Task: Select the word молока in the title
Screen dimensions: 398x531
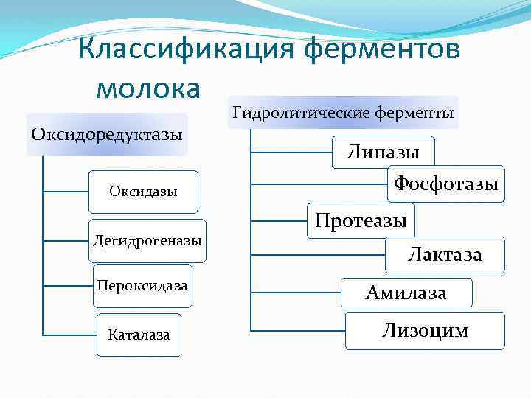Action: pos(148,88)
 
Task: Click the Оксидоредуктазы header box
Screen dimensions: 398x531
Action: pos(107,135)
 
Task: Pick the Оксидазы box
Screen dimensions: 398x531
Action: pos(143,192)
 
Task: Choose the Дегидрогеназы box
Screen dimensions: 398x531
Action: pos(147,240)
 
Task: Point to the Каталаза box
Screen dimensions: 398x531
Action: pos(139,335)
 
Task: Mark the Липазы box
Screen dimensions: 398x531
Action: pos(383,153)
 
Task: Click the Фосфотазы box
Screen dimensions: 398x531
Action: pos(446,184)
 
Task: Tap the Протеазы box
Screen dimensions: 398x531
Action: pos(361,220)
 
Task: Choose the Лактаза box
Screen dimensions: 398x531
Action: pos(445,255)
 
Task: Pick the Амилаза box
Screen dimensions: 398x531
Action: pos(406,293)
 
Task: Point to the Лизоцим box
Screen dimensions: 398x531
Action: pos(425,330)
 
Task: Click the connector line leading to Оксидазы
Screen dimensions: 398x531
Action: pos(66,192)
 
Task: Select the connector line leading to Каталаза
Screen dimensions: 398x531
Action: pos(70,335)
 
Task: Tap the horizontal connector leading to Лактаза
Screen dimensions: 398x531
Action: pos(319,255)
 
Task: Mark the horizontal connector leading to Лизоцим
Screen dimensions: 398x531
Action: pos(298,329)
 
